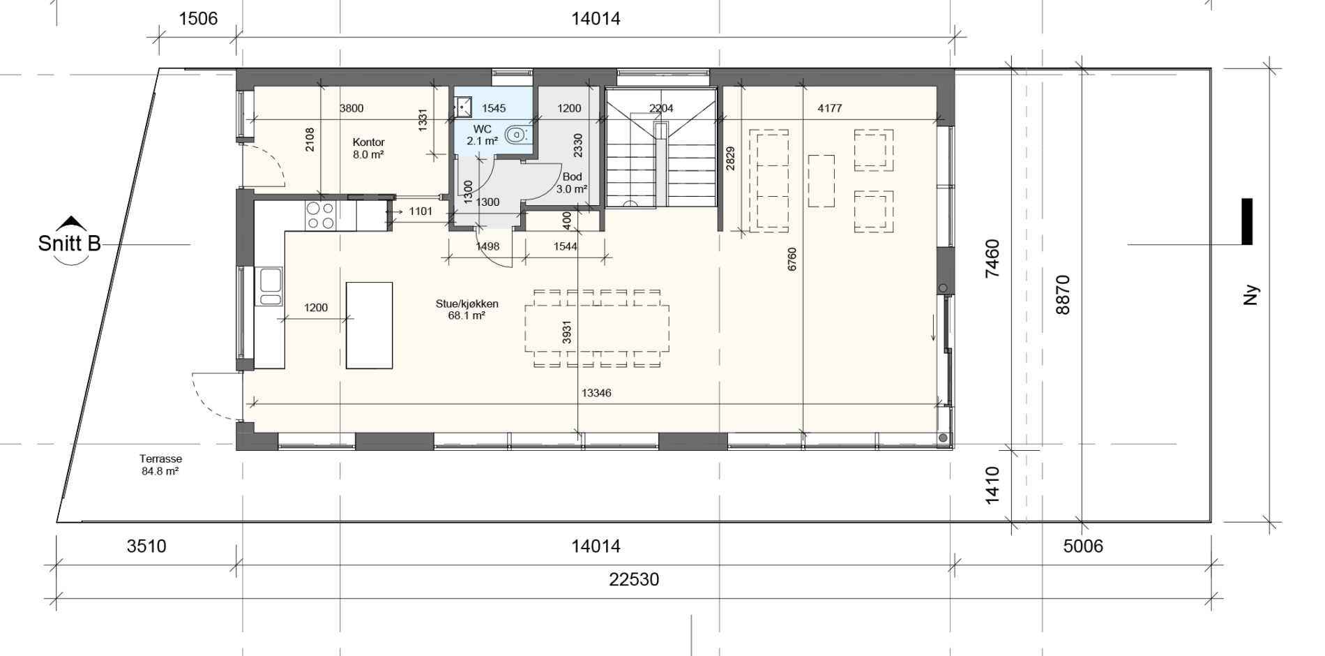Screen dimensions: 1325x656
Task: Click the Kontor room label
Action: [x=369, y=142]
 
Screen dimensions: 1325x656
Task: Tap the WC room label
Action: [x=482, y=129]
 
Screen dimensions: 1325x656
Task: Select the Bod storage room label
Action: [x=572, y=177]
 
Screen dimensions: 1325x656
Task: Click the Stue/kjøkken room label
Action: [x=467, y=304]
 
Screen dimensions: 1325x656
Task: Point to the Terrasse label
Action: [x=160, y=459]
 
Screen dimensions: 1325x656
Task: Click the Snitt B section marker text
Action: [x=69, y=244]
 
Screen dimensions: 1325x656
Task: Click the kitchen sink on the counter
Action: [x=271, y=286]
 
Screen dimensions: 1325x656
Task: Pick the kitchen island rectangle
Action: [x=369, y=325]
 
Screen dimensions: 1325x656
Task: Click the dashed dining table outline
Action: [x=597, y=329]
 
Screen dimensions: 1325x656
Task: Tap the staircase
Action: [x=660, y=147]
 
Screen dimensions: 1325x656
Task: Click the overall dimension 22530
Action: [x=633, y=579]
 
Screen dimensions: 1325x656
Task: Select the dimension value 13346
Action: [x=596, y=393]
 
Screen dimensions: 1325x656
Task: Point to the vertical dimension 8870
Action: [x=1062, y=295]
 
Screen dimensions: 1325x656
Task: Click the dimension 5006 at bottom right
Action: [x=1083, y=546]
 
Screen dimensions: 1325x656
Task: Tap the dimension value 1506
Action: [x=198, y=18]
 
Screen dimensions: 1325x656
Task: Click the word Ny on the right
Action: [x=1251, y=295]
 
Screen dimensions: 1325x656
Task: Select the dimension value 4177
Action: [x=829, y=108]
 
